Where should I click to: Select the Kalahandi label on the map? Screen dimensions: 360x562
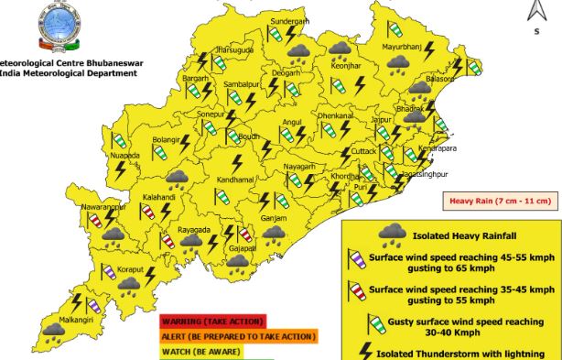pyautogui.click(x=159, y=197)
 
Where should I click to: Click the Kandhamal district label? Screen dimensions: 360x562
pyautogui.click(x=235, y=180)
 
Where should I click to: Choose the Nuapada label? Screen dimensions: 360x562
pyautogui.click(x=124, y=156)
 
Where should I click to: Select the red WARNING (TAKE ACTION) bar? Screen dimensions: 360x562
pyautogui.click(x=212, y=322)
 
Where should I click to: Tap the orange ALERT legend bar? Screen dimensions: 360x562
pyautogui.click(x=238, y=336)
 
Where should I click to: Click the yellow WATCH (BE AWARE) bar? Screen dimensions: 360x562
pyautogui.click(x=200, y=351)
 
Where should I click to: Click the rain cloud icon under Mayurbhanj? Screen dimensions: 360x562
pyautogui.click(x=397, y=63)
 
